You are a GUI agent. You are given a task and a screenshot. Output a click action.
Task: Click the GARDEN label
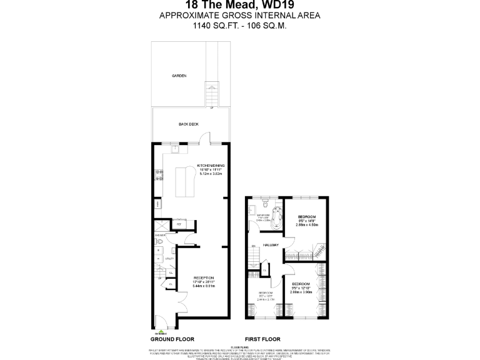tap(179, 76)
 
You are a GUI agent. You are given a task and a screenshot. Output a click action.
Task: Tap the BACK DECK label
tap(189, 124)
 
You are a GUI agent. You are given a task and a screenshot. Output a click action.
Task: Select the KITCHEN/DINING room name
tap(211, 166)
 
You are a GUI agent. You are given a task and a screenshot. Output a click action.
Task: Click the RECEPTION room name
tap(204, 277)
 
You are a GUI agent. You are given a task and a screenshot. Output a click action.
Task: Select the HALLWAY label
tap(271, 244)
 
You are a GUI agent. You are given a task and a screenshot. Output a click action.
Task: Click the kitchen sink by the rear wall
tap(176, 149)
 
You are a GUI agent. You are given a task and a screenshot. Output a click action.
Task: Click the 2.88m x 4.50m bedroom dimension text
tap(307, 224)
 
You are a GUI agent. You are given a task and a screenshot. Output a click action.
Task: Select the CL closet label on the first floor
tap(265, 270)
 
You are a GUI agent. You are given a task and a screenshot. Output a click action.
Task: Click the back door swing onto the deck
tap(212, 137)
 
